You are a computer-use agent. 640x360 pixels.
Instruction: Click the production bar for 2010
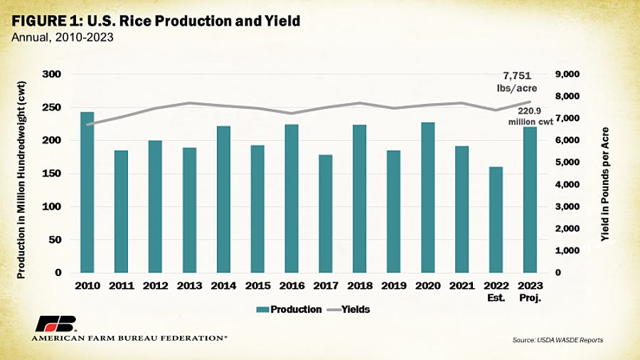[87, 192]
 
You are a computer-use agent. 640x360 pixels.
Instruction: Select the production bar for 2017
[326, 214]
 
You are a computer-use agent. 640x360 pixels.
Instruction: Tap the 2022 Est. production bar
[496, 220]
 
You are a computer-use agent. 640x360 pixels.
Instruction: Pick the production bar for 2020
[428, 198]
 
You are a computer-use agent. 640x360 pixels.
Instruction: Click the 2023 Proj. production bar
[530, 200]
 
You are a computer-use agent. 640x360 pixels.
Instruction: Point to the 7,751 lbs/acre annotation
[517, 82]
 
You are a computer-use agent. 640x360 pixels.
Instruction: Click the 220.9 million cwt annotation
[530, 117]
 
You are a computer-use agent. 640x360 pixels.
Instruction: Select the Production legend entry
[289, 309]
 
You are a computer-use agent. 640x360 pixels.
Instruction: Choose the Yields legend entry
[348, 309]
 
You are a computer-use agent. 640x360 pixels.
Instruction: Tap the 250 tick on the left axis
[51, 107]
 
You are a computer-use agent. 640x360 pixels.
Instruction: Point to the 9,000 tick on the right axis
[567, 74]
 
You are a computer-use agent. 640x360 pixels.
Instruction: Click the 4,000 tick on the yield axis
[567, 184]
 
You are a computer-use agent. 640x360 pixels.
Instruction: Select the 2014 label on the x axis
[224, 286]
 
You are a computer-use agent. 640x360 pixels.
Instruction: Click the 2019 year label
[394, 286]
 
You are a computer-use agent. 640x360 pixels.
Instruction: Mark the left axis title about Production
[21, 180]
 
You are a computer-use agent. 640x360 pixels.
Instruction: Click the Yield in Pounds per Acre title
[605, 184]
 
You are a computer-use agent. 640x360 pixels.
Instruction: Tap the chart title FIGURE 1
[156, 21]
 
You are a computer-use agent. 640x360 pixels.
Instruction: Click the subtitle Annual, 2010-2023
[63, 38]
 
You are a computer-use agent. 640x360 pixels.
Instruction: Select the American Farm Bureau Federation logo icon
[55, 324]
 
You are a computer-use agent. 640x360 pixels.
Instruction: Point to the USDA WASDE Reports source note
[558, 340]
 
